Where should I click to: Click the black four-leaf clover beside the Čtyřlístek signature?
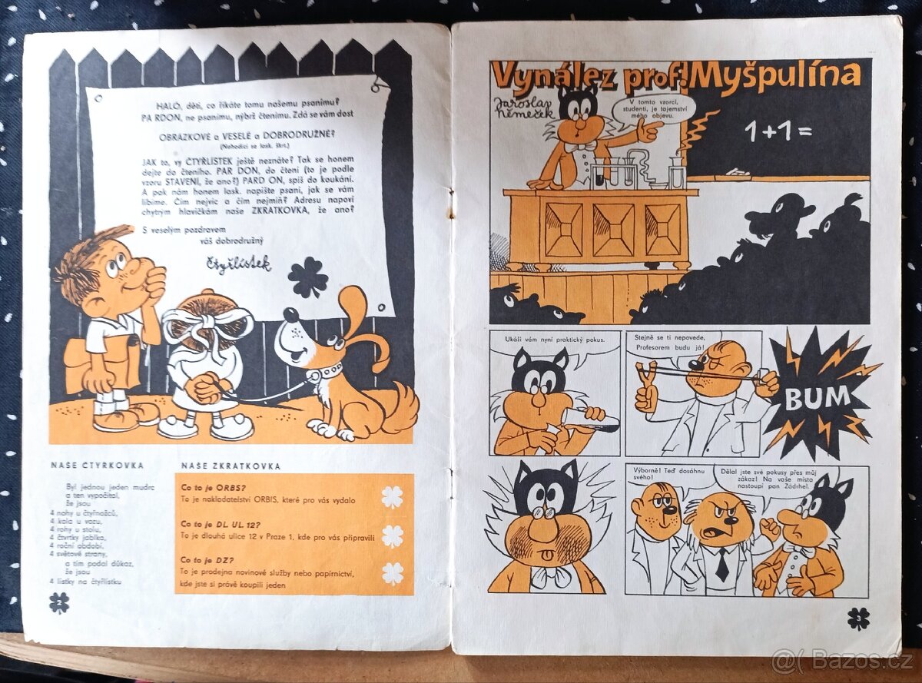[x=307, y=277]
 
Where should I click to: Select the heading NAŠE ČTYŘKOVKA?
[x=97, y=466]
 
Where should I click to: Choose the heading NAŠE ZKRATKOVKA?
[x=231, y=466]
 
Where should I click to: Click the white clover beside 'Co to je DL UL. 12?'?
[x=393, y=535]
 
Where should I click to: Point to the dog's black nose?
[x=290, y=315]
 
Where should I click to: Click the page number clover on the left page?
[x=58, y=602]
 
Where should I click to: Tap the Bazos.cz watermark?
[x=841, y=660]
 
